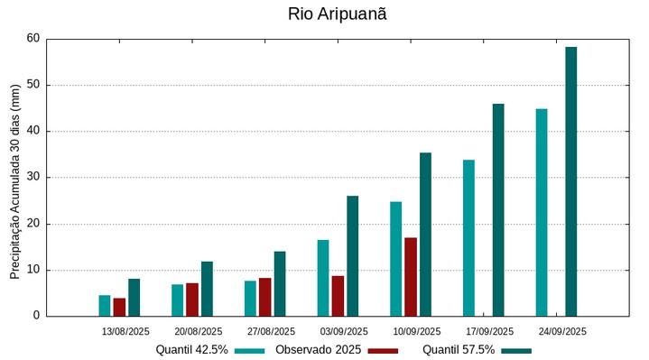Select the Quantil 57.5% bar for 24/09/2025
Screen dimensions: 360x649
click(570, 181)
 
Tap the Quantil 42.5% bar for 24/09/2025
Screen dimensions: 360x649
click(542, 212)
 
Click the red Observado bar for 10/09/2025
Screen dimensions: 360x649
click(411, 277)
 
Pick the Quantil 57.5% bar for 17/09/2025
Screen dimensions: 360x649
click(498, 209)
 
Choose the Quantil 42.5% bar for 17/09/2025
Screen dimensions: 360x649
click(468, 237)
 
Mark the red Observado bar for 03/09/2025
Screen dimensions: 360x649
click(338, 296)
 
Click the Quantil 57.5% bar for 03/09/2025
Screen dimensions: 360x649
click(352, 255)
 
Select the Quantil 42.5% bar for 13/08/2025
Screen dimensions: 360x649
click(105, 305)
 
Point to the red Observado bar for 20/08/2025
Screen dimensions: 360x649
click(192, 300)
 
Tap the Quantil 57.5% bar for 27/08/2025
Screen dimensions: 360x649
click(280, 283)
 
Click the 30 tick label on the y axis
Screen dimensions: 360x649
click(33, 178)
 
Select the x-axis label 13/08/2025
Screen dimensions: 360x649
click(125, 331)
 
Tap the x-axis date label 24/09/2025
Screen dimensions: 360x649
click(562, 331)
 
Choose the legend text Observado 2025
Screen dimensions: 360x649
click(319, 350)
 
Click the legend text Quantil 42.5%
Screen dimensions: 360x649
click(191, 350)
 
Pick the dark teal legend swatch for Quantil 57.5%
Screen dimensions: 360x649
click(517, 350)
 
